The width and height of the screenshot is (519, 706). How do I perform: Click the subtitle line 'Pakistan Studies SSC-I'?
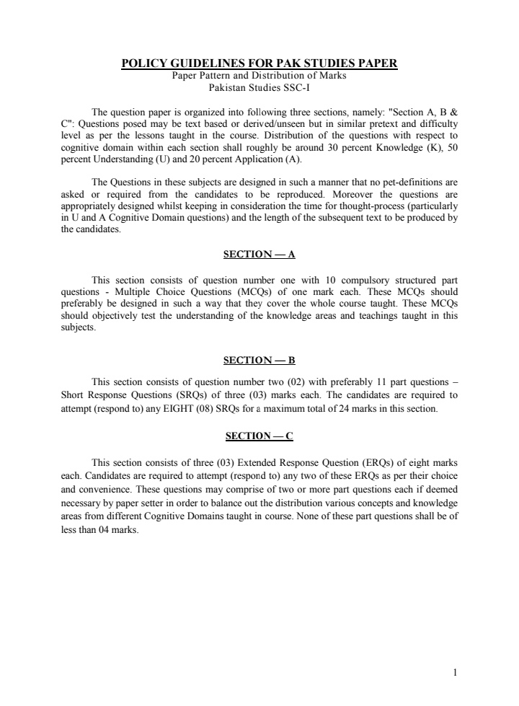coord(259,87)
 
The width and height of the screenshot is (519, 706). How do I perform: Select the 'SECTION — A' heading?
coord(259,255)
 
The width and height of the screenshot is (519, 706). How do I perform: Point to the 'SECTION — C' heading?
coord(259,436)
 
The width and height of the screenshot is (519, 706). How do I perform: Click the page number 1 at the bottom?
coord(455,673)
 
